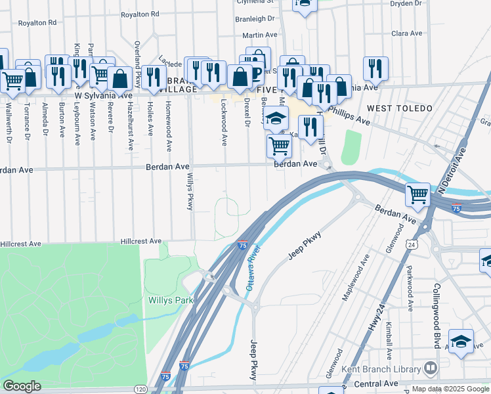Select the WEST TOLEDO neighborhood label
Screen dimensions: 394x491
coord(399,108)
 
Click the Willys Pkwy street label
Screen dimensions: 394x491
coord(190,191)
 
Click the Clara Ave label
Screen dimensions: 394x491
coord(407,33)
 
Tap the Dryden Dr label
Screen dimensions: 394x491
coord(405,3)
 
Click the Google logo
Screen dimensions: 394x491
coord(22,386)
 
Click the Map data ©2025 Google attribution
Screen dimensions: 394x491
coord(450,389)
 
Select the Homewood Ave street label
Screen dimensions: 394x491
coord(169,127)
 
